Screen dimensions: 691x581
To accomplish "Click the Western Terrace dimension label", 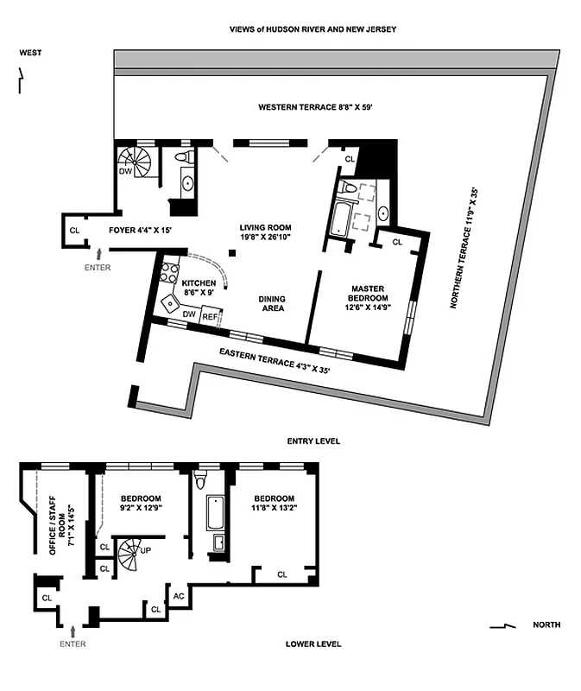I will [x=314, y=107].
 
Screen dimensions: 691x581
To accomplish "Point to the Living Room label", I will [x=265, y=232].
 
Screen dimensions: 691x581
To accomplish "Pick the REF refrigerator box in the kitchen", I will [x=211, y=317].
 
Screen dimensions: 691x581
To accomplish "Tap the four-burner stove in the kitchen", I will [x=170, y=274].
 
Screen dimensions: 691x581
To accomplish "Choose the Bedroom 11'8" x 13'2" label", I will [x=274, y=504].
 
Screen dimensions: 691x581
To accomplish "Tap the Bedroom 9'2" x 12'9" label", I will [x=141, y=504].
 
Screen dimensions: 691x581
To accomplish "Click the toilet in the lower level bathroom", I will [x=202, y=478].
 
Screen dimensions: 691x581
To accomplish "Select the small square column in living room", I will [x=233, y=253].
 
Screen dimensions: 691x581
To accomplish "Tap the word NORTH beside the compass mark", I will [x=546, y=624].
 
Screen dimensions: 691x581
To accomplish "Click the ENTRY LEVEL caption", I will [x=313, y=441].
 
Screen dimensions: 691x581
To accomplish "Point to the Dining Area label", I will [x=271, y=303].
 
